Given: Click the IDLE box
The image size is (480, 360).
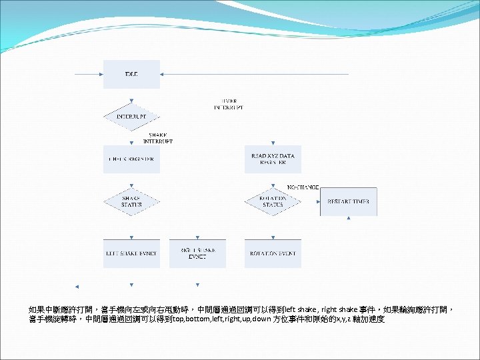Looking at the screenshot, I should (x=131, y=74).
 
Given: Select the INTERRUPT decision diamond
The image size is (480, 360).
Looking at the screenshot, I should (x=131, y=117).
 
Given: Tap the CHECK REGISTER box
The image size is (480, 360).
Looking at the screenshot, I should (x=131, y=159).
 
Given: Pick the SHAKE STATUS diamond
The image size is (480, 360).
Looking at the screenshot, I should (x=131, y=201).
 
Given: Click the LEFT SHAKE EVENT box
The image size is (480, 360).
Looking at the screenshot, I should (x=131, y=253).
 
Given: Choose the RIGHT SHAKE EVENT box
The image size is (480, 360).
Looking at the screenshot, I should (x=197, y=253).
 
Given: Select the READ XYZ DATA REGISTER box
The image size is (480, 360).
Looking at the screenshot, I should (x=273, y=159).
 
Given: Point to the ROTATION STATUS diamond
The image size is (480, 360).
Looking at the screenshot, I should (x=273, y=201).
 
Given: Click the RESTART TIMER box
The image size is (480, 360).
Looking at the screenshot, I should (x=348, y=201).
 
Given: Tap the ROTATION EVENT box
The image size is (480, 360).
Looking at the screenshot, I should (x=273, y=253).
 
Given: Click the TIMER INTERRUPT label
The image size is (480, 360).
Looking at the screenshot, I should (x=229, y=104).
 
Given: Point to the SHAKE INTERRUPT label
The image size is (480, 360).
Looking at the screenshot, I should (x=158, y=138).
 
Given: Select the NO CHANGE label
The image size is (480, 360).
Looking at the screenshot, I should (x=303, y=187).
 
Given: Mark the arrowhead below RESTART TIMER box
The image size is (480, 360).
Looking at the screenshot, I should (x=348, y=218).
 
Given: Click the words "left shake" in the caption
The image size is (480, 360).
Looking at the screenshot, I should (x=297, y=310).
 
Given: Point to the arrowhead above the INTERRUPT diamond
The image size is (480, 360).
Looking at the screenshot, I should (x=131, y=101).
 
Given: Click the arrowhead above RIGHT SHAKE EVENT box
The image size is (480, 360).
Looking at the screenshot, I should (x=197, y=237).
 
